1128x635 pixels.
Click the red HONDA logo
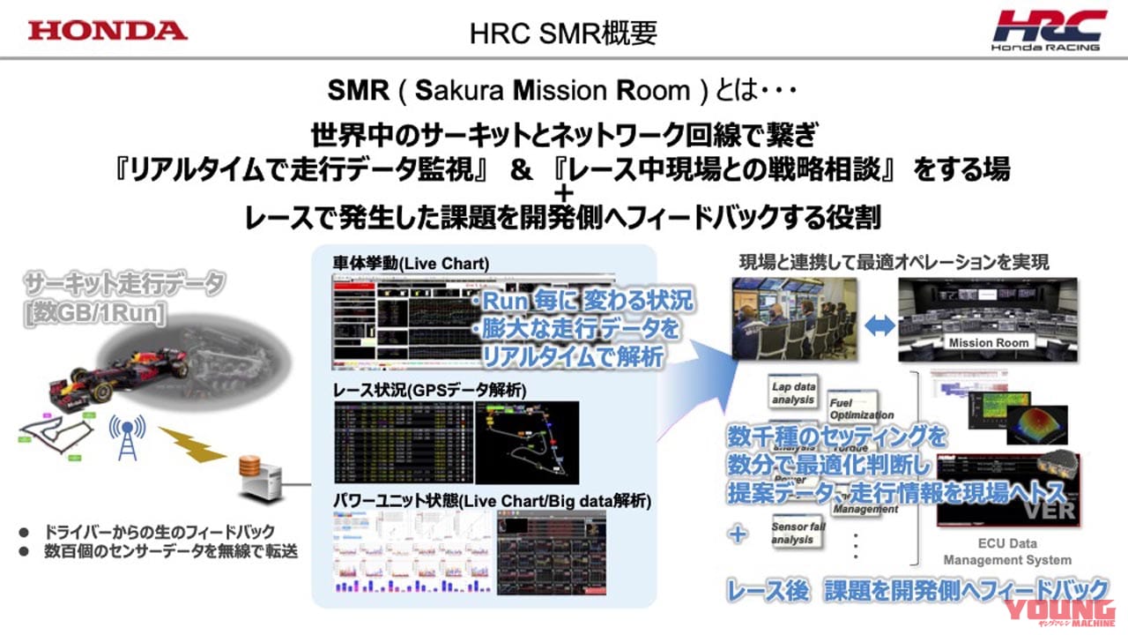click(107, 30)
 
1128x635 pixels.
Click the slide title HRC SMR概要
click(563, 33)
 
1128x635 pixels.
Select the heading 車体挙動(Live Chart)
click(411, 264)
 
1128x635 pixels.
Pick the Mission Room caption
click(988, 342)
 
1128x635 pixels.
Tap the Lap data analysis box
click(793, 393)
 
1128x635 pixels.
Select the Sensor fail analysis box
click(793, 532)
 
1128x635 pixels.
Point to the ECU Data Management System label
click(1007, 551)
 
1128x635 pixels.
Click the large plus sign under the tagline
click(564, 193)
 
